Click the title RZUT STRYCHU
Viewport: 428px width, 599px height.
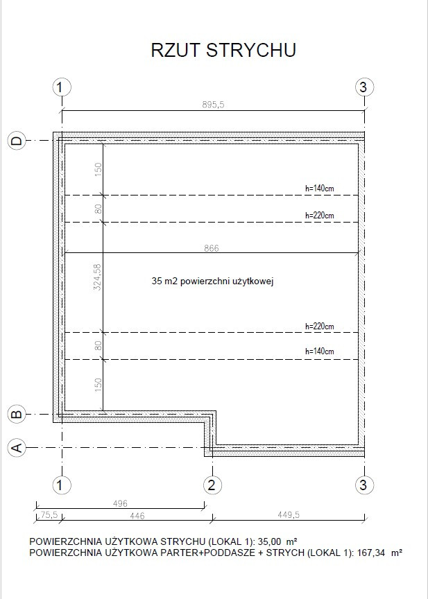tap(223, 50)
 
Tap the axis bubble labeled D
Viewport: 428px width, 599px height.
tap(17, 141)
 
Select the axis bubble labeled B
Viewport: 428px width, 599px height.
tap(17, 414)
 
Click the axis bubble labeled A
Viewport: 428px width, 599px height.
tap(17, 447)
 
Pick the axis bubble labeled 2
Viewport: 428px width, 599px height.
tap(212, 485)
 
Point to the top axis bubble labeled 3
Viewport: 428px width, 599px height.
tap(364, 87)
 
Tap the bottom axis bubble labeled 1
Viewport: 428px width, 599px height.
tap(62, 485)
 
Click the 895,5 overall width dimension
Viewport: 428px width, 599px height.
tap(213, 104)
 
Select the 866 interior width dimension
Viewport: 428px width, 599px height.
tap(212, 248)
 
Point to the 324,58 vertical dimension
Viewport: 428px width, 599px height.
tap(98, 277)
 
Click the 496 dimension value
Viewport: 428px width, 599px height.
tap(120, 503)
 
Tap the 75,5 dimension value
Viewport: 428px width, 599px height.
tap(49, 514)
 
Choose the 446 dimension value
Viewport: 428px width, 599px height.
tap(137, 516)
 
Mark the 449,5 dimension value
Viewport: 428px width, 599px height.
tap(289, 514)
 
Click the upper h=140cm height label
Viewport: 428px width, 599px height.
tap(320, 188)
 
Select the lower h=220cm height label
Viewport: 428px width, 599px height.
tap(320, 327)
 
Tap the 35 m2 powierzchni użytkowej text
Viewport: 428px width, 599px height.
tap(212, 282)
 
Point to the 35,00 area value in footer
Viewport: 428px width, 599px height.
tap(270, 541)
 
